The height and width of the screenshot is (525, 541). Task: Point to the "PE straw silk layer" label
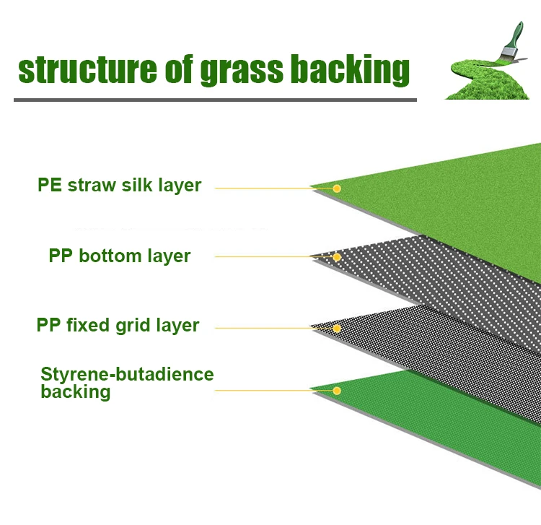click(119, 186)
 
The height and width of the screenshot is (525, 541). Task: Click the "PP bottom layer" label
click(120, 256)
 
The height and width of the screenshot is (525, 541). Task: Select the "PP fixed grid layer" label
click(118, 326)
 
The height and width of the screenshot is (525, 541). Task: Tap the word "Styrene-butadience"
click(128, 375)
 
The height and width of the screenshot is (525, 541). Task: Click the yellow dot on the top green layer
click(336, 188)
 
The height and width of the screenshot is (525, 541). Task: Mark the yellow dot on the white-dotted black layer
click(336, 257)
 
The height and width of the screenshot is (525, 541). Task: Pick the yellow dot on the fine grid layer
click(336, 328)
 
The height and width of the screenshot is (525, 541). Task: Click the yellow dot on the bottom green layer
click(336, 391)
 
